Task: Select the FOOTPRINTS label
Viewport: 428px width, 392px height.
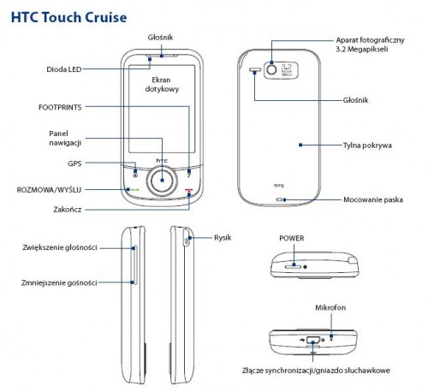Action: point(62,107)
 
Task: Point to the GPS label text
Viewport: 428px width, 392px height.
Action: point(74,163)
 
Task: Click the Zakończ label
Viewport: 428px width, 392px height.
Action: point(68,208)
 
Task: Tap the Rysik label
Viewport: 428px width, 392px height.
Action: point(223,236)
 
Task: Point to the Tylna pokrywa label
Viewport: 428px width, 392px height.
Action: point(367,146)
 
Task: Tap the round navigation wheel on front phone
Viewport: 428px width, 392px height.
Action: point(160,181)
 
